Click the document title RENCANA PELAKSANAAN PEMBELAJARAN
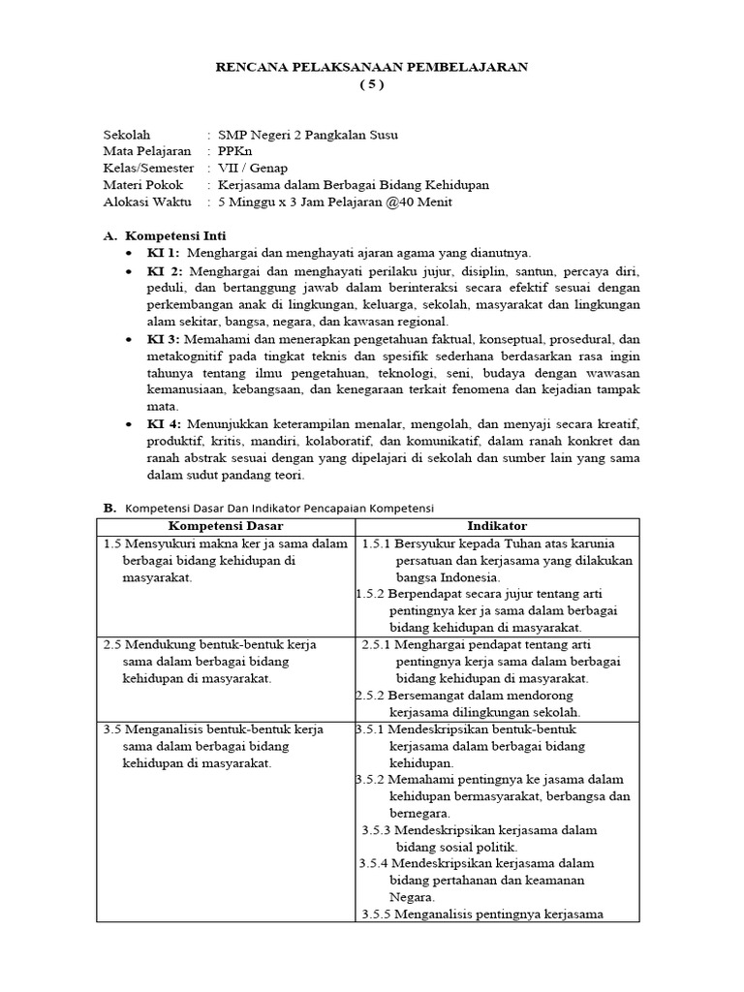371,66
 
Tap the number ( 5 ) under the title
372,84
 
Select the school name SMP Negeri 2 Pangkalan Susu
308,135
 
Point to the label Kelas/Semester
148,168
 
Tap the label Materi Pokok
142,184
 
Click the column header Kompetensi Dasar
224,526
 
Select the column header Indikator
496,526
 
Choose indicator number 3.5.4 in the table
375,863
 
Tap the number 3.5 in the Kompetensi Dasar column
111,729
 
